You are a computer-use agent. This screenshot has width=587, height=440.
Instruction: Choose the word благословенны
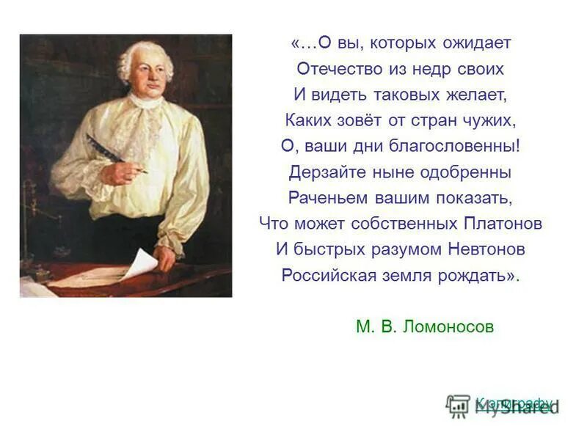click(x=453, y=146)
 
